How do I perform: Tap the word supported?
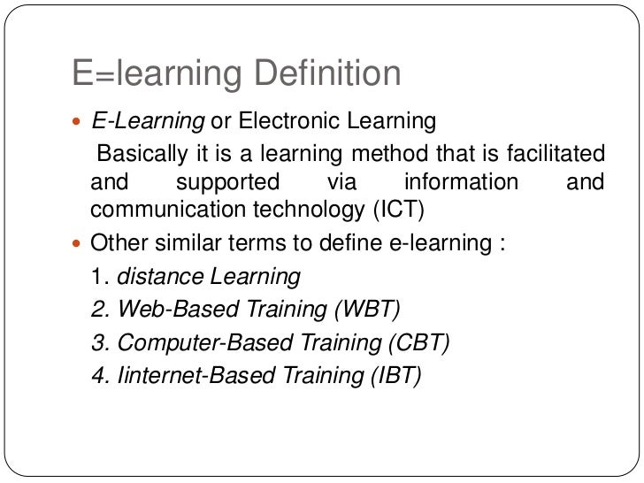pyautogui.click(x=227, y=182)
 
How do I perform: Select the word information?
pyautogui.click(x=460, y=182)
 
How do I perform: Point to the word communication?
pyautogui.click(x=165, y=211)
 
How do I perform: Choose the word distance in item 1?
pyautogui.click(x=160, y=276)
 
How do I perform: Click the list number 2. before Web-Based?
pyautogui.click(x=100, y=310)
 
